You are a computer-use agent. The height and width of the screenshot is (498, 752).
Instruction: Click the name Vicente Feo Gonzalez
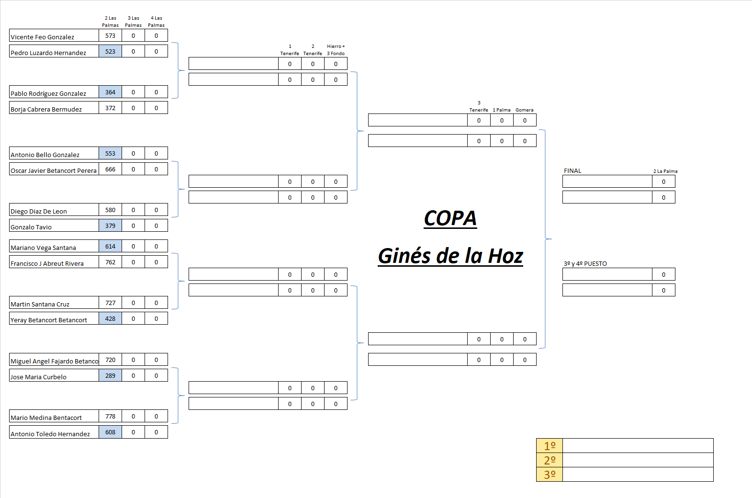[43, 37]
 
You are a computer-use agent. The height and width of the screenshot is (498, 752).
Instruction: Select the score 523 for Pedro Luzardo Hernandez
[110, 52]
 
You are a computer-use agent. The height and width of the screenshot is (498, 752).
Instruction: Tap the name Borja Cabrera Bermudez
[46, 109]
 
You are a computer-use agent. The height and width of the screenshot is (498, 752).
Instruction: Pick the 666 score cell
[110, 170]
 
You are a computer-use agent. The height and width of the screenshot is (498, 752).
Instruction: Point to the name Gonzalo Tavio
[31, 227]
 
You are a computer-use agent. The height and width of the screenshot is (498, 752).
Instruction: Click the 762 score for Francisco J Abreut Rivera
[110, 262]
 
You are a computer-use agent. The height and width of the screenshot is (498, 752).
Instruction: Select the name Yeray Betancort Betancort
[49, 320]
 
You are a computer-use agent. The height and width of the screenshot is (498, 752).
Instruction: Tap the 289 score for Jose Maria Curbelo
[110, 376]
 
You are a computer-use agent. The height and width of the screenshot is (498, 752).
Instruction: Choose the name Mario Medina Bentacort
[46, 418]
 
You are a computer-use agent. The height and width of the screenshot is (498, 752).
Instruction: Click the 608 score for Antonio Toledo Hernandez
[110, 432]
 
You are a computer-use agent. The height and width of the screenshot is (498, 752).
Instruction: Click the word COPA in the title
[450, 218]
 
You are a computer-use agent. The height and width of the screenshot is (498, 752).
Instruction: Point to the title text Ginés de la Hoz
[450, 256]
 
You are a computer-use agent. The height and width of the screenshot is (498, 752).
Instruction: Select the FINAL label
[572, 171]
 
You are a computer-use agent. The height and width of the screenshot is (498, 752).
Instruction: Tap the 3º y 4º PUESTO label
[585, 264]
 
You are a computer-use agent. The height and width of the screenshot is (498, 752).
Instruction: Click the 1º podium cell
[550, 446]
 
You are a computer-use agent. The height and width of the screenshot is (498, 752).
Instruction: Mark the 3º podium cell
[550, 475]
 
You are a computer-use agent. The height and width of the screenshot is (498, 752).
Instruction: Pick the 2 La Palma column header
[665, 171]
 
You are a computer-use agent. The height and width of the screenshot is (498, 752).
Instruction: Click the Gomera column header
[524, 110]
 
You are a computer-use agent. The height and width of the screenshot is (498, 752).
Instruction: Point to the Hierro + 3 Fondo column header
[336, 50]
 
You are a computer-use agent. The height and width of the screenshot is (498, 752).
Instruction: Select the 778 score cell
[110, 417]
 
